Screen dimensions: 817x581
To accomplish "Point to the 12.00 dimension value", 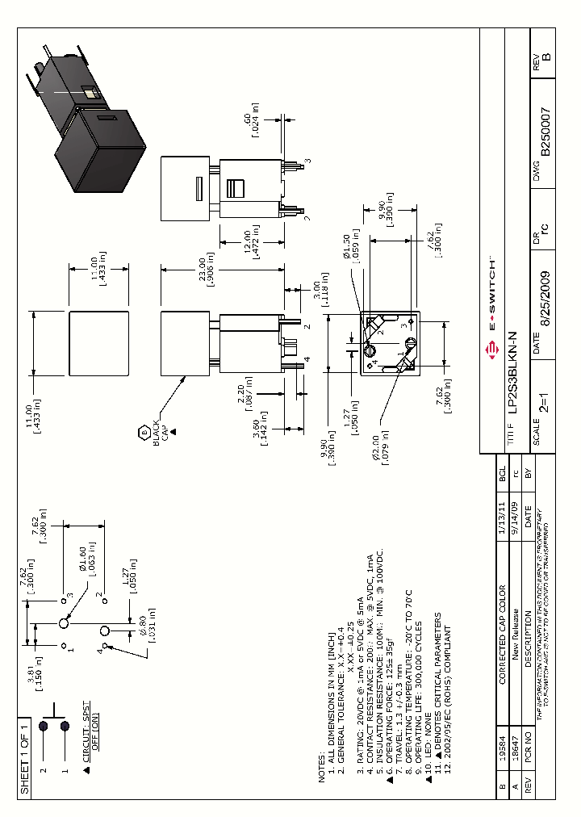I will point(254,242).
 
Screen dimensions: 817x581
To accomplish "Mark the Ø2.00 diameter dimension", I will point(379,444).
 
